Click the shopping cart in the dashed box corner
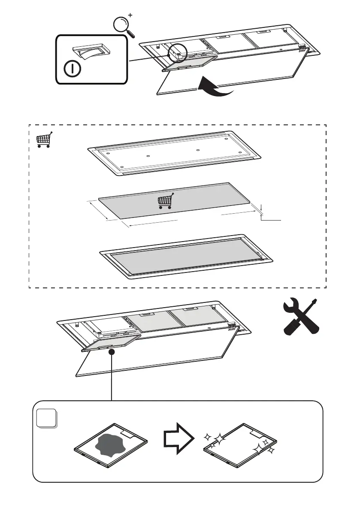click(x=43, y=139)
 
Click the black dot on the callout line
click(x=112, y=352)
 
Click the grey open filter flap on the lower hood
click(x=111, y=343)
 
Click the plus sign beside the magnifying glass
click(x=130, y=15)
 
